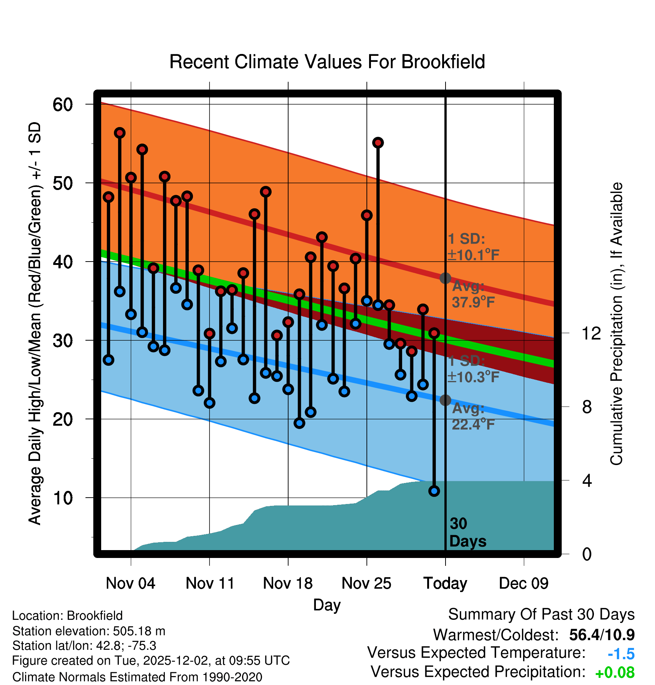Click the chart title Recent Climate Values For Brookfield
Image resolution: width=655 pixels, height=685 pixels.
tap(327, 62)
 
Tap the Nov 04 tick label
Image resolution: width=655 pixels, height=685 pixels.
tap(130, 583)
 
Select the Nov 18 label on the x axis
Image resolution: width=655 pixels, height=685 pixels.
tap(288, 583)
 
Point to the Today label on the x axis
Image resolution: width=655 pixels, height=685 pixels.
tap(445, 583)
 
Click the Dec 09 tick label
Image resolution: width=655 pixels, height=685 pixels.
tap(523, 583)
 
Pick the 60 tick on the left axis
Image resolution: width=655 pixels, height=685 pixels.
tap(63, 105)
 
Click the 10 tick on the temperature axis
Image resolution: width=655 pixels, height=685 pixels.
tap(63, 498)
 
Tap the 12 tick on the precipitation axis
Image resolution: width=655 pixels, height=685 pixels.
tap(591, 333)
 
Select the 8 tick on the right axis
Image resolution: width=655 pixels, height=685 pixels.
tap(587, 407)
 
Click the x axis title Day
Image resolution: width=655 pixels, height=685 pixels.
tap(327, 605)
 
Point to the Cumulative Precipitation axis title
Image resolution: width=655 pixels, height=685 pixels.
tap(616, 324)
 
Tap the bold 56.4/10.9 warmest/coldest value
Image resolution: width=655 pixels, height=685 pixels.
tap(601, 635)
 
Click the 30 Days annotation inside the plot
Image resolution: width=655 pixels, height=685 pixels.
tap(467, 532)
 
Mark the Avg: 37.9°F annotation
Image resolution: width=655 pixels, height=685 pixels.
tap(473, 294)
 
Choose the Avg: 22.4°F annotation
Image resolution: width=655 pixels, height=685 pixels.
tap(473, 416)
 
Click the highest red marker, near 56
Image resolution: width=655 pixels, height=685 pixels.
tap(120, 133)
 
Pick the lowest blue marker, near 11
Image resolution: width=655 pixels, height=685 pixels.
tap(434, 491)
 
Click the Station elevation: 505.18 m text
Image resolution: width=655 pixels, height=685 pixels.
tap(89, 631)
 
